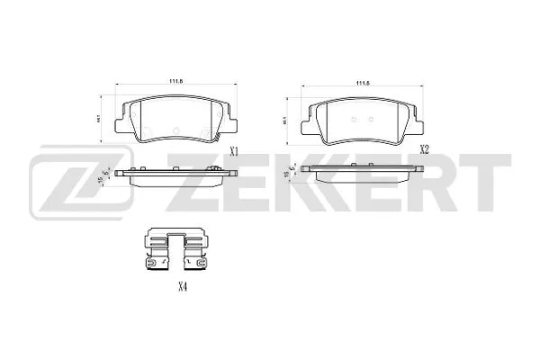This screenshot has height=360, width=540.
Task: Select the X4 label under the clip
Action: (182, 287)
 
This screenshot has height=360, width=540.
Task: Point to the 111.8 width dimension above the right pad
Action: (364, 82)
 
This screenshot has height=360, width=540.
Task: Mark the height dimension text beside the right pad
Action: (285, 118)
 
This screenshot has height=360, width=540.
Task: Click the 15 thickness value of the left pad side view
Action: (98, 177)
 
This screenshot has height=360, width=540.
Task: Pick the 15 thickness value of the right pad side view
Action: (286, 177)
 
